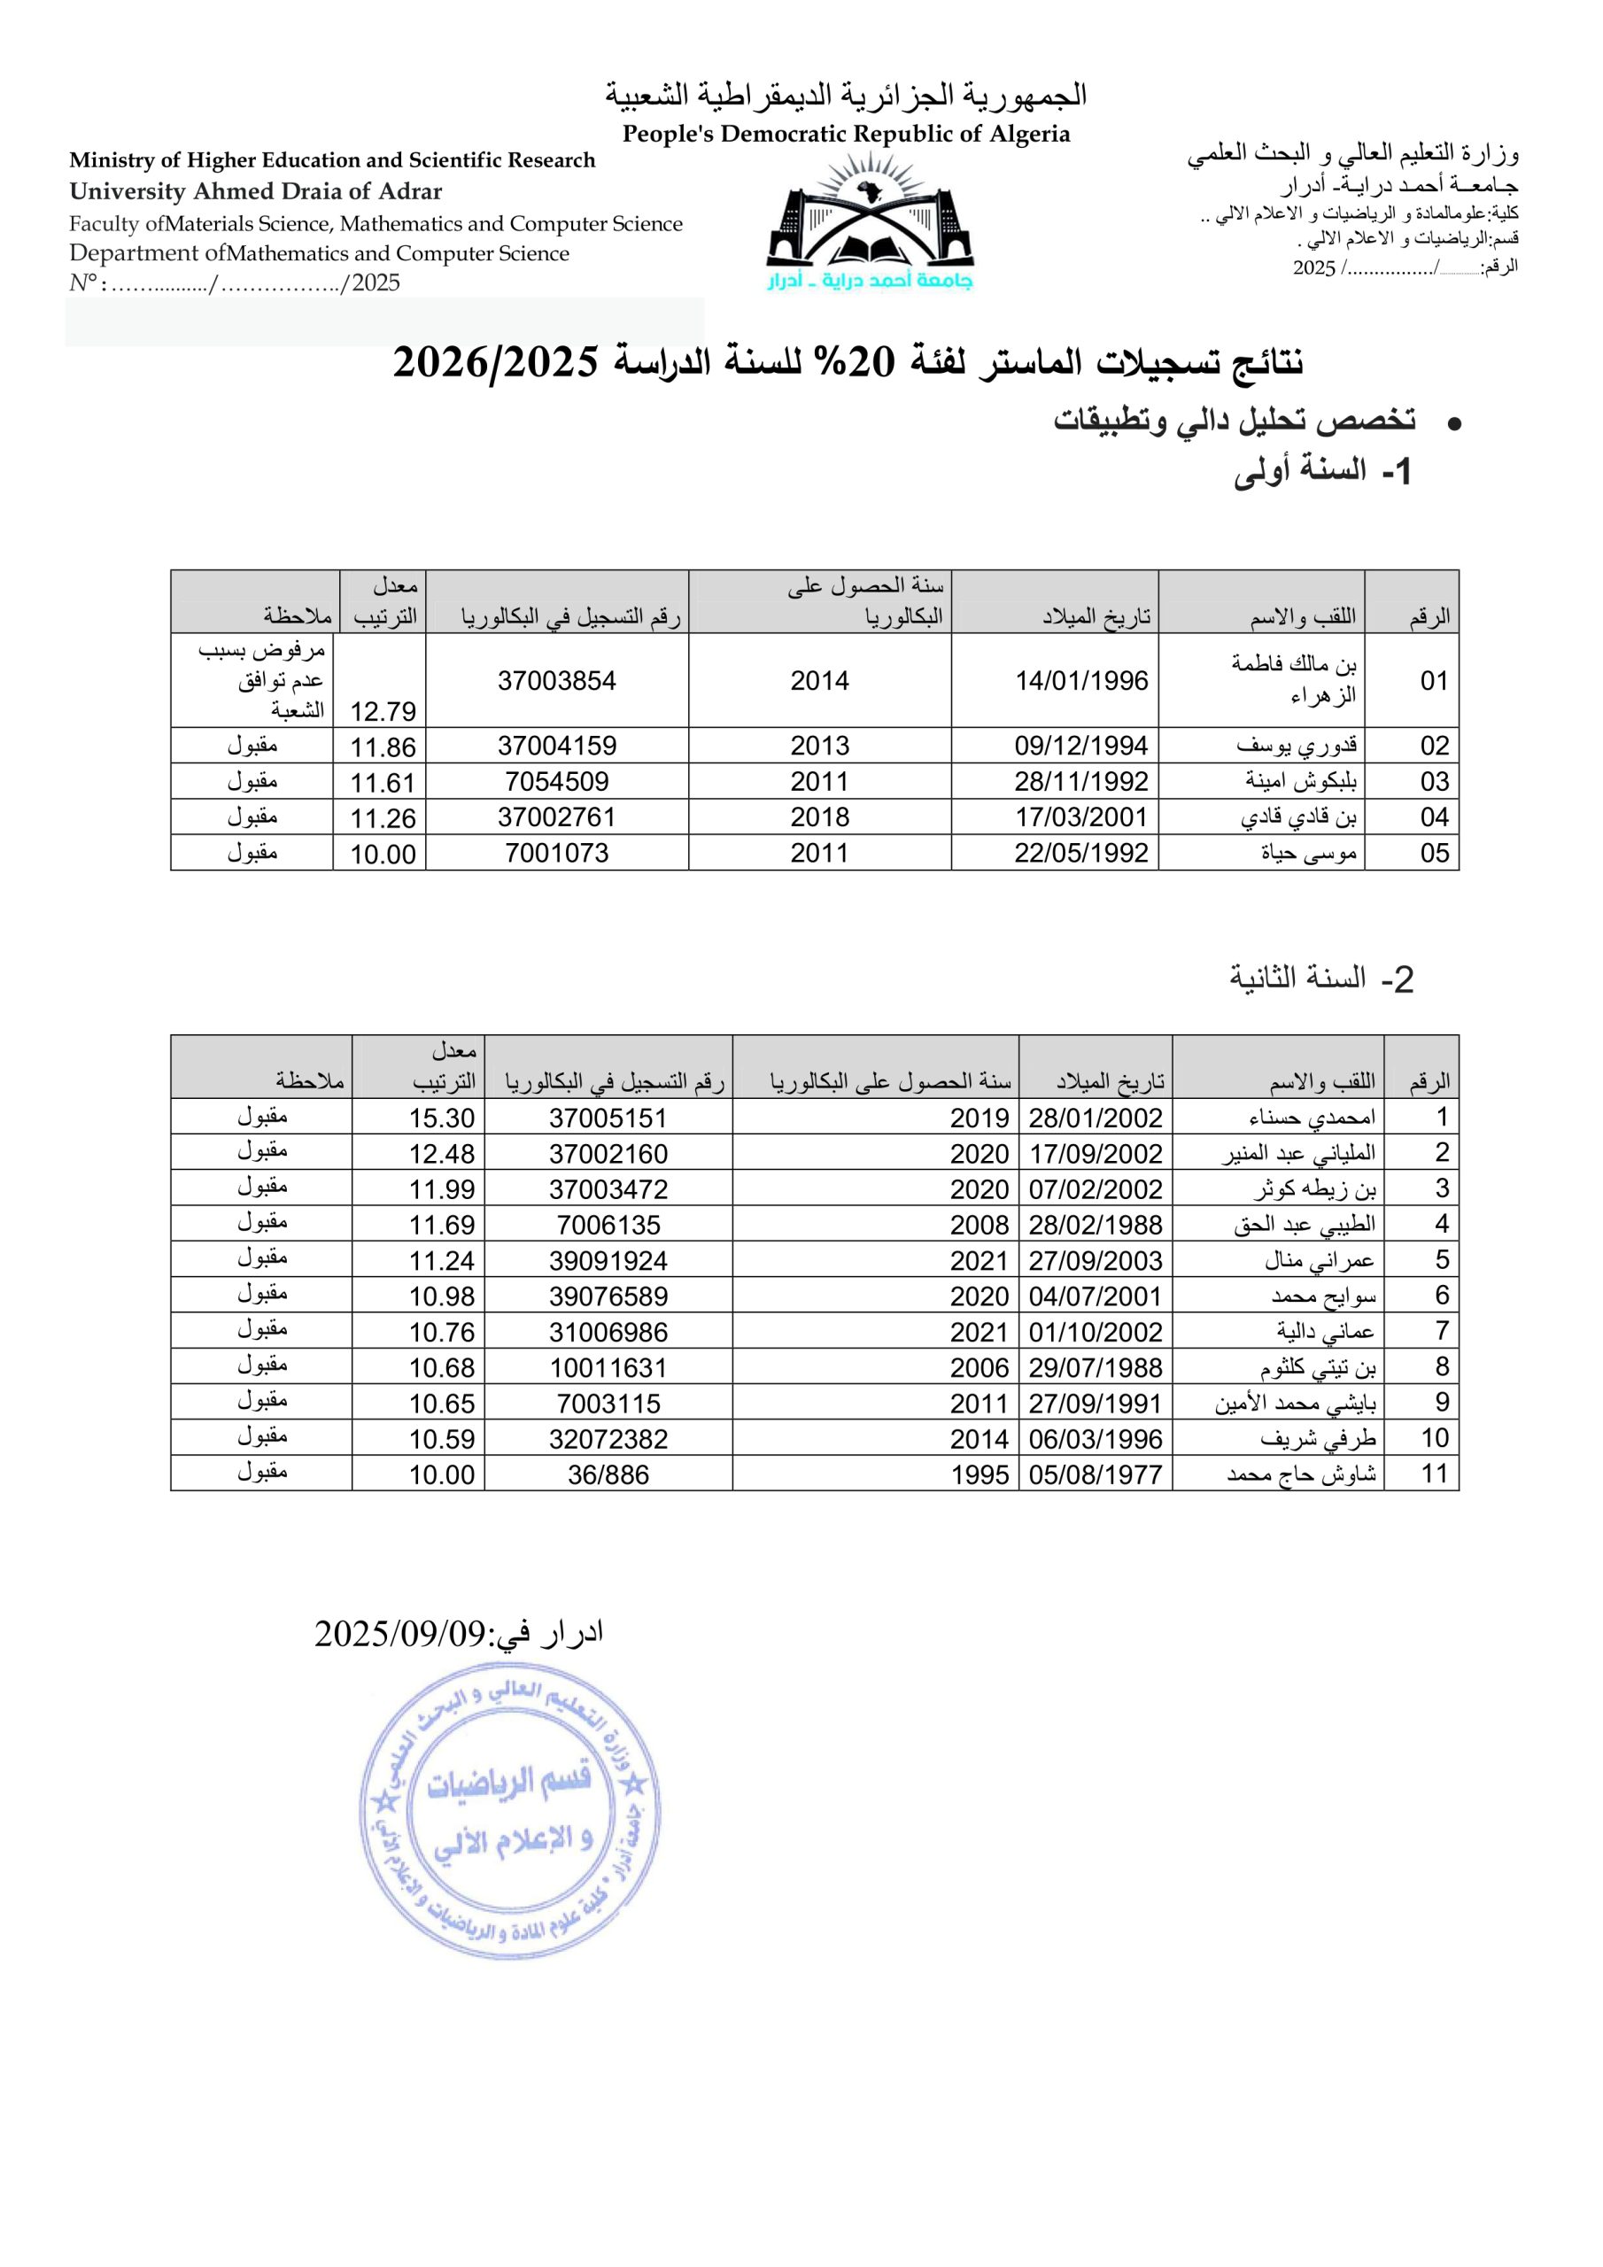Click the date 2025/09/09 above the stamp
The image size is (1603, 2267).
(x=401, y=1633)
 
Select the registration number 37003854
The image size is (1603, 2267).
(x=557, y=680)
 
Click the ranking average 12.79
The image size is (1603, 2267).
(x=383, y=711)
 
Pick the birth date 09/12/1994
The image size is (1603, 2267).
(x=1080, y=746)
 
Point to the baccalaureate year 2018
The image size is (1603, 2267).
(x=819, y=816)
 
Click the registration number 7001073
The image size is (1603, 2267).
(x=557, y=853)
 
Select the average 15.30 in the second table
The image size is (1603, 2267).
(x=442, y=1118)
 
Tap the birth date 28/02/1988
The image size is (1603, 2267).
(x=1096, y=1225)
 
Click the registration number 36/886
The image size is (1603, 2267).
(x=608, y=1474)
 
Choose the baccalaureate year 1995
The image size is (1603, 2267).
(x=980, y=1474)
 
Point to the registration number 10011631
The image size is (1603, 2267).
(x=608, y=1367)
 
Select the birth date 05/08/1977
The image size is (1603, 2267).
(x=1096, y=1474)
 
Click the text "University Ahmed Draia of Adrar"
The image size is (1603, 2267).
(x=256, y=191)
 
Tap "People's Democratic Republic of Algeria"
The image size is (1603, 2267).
(x=846, y=135)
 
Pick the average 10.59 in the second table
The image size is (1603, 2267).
(x=442, y=1439)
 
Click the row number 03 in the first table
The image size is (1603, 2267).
(x=1434, y=781)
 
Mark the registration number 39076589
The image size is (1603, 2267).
(x=608, y=1296)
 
